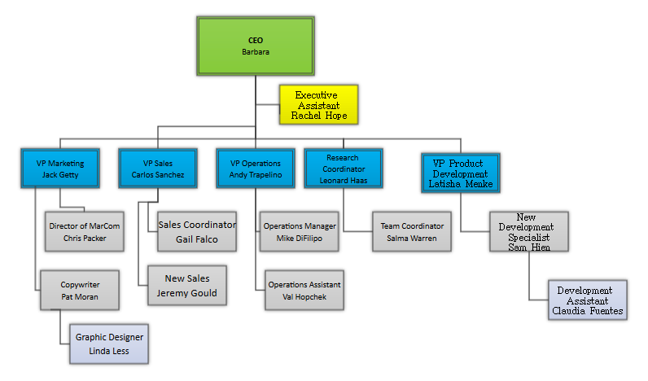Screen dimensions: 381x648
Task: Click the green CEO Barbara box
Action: [256, 46]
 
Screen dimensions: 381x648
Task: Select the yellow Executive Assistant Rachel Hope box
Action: [319, 106]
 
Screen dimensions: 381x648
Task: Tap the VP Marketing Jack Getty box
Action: [60, 169]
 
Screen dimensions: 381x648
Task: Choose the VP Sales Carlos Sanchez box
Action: [158, 169]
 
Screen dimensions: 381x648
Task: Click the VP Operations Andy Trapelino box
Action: [256, 169]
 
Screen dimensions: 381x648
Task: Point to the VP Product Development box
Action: [461, 173]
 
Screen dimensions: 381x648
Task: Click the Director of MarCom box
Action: [85, 231]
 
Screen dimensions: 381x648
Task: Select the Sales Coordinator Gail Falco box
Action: [197, 231]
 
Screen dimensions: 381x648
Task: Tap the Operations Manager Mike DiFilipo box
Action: [300, 231]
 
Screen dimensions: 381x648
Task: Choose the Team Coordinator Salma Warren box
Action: [412, 231]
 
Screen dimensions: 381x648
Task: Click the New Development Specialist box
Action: [529, 231]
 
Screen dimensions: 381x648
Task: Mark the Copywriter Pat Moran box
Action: [80, 291]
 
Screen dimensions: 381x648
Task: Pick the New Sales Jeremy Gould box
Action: [187, 285]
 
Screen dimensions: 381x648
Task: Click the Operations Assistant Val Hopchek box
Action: [304, 291]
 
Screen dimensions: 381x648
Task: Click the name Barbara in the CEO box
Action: [256, 52]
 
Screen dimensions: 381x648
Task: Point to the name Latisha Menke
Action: [461, 184]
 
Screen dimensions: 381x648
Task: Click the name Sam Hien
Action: [529, 247]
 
